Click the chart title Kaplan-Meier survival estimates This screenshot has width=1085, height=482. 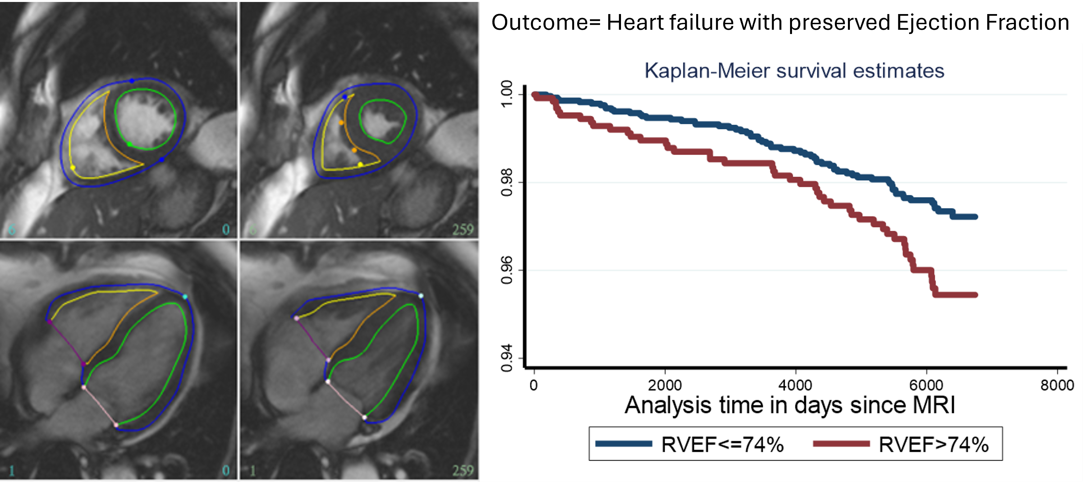point(794,71)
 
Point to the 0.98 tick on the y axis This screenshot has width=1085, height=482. point(507,182)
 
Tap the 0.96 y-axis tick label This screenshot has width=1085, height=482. point(507,270)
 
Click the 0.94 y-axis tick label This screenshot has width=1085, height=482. point(507,358)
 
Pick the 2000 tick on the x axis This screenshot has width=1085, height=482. point(665,385)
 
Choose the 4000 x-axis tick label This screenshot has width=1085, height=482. point(795,385)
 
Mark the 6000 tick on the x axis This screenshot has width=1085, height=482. point(926,385)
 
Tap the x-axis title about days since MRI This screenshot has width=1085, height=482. point(790,405)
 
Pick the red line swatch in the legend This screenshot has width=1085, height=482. point(841,444)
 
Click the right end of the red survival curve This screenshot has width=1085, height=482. point(975,295)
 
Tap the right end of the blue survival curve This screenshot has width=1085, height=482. point(975,216)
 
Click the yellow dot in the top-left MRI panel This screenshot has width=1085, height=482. point(73,168)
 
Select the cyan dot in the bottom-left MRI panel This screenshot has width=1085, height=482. point(185,297)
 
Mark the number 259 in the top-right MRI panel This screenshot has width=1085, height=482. point(463,230)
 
